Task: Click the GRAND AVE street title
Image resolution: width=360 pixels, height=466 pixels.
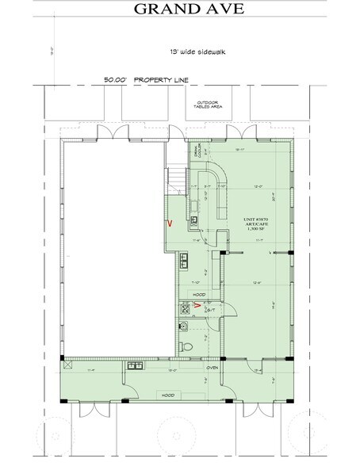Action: pyautogui.click(x=180, y=10)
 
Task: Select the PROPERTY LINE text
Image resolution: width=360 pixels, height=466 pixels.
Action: pyautogui.click(x=162, y=80)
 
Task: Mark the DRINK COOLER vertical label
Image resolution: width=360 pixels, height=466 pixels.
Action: pyautogui.click(x=191, y=151)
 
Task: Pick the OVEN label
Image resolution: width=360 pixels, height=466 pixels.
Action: pyautogui.click(x=213, y=367)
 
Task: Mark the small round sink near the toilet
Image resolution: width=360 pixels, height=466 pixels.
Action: pyautogui.click(x=184, y=324)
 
